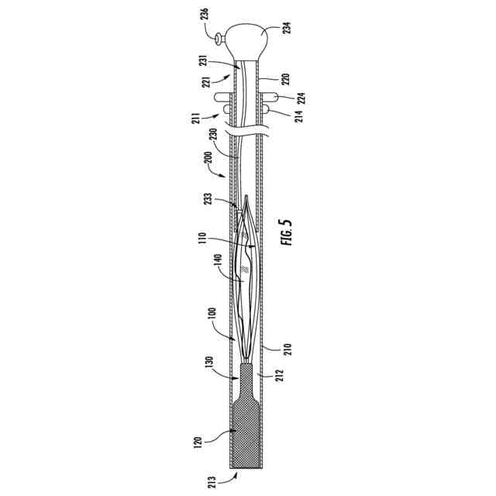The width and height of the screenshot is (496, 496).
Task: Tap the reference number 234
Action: (288, 28)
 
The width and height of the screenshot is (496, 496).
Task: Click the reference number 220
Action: (285, 79)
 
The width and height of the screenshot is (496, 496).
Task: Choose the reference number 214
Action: (300, 116)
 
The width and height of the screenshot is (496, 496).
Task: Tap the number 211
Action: (196, 118)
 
